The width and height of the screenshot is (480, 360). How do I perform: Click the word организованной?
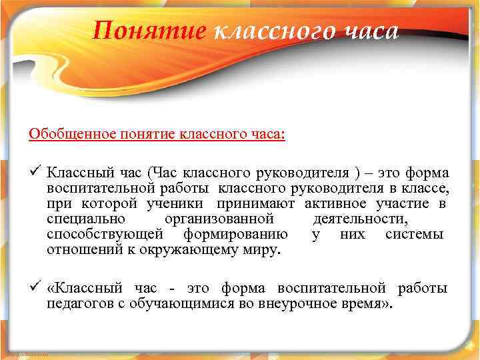pyautogui.click(x=219, y=219)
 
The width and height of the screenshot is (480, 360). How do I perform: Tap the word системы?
pyautogui.click(x=414, y=235)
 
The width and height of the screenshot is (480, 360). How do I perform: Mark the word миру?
pyautogui.click(x=265, y=251)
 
